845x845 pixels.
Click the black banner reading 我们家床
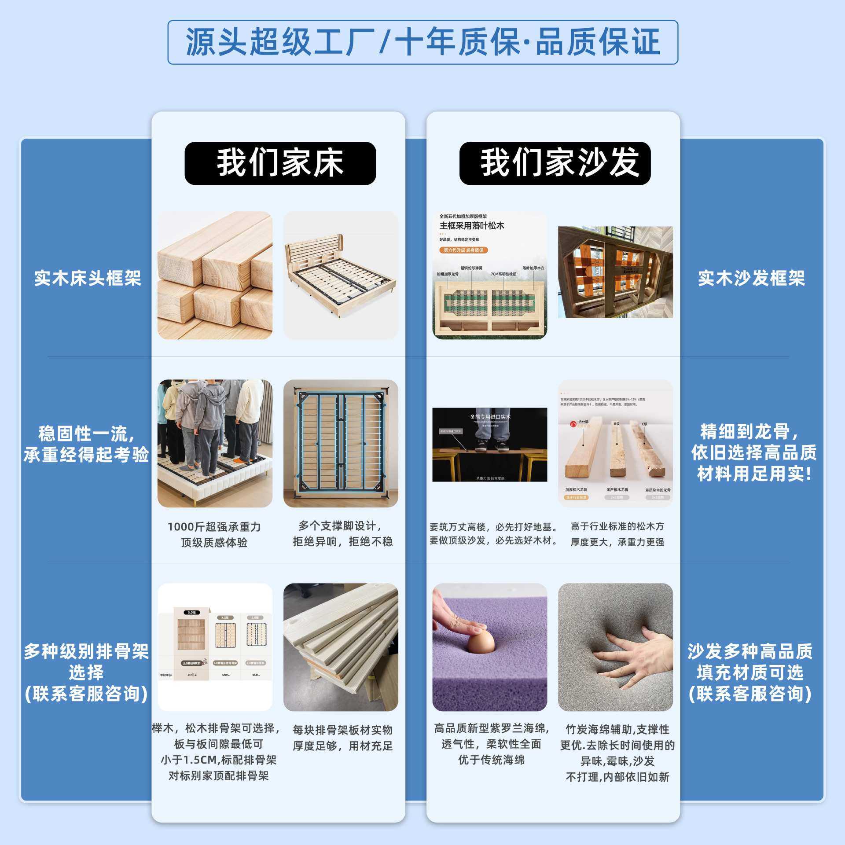[280, 163]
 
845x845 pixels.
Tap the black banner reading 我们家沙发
[555, 163]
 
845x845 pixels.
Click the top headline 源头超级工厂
[422, 42]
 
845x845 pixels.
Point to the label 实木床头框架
[88, 278]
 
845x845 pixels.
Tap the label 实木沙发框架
[751, 278]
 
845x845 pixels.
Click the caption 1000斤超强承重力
[214, 527]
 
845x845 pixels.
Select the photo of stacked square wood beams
[215, 276]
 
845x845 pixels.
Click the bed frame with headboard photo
[341, 276]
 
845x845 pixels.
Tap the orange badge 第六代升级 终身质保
[463, 250]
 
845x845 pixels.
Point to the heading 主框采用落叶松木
[472, 226]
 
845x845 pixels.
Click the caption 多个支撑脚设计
[340, 526]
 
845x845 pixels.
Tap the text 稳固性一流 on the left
[86, 434]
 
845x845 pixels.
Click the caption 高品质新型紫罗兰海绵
[491, 728]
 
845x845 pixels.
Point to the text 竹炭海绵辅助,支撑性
[617, 729]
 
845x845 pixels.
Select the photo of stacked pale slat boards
[341, 647]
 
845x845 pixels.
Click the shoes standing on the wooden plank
[489, 445]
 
